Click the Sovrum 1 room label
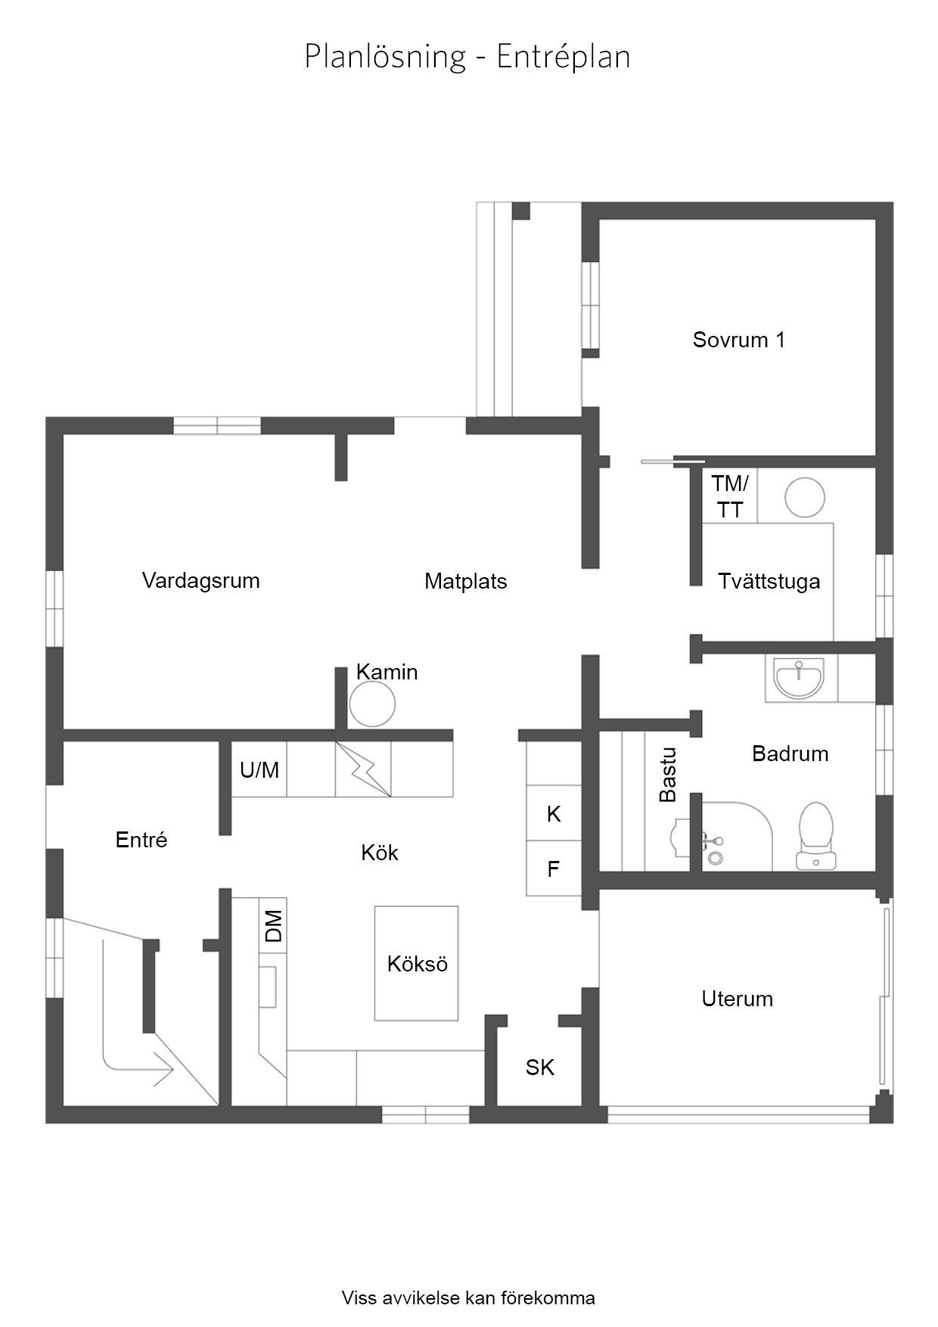[x=738, y=340]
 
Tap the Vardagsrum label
[x=200, y=581]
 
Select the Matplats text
[x=465, y=581]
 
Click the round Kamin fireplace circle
[x=372, y=704]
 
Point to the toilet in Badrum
[x=815, y=835]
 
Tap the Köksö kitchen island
[x=416, y=963]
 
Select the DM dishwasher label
[x=274, y=926]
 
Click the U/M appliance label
[x=259, y=770]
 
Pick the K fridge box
[x=554, y=813]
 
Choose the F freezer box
[x=554, y=868]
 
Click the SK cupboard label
[x=540, y=1068]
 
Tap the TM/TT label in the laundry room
[x=730, y=496]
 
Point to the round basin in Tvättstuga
[x=804, y=497]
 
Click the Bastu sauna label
[x=668, y=774]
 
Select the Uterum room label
[x=737, y=999]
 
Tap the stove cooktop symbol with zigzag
[x=363, y=769]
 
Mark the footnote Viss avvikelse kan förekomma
[x=468, y=1298]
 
